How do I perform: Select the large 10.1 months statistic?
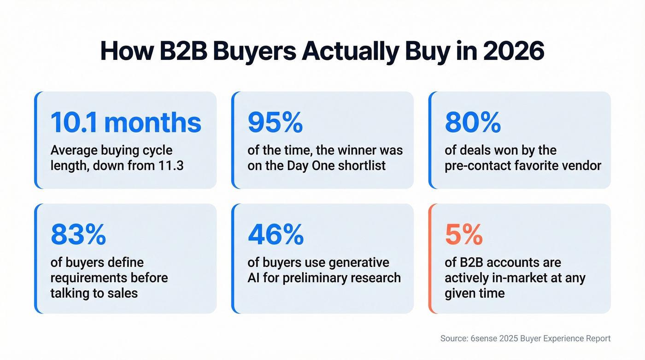click(126, 123)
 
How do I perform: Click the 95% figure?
click(275, 123)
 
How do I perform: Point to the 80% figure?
click(473, 123)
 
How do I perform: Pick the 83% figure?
click(78, 235)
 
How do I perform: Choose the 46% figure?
click(276, 235)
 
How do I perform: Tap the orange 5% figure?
click(463, 235)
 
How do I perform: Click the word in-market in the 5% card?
click(515, 278)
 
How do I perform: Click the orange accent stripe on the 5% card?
click(430, 258)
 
